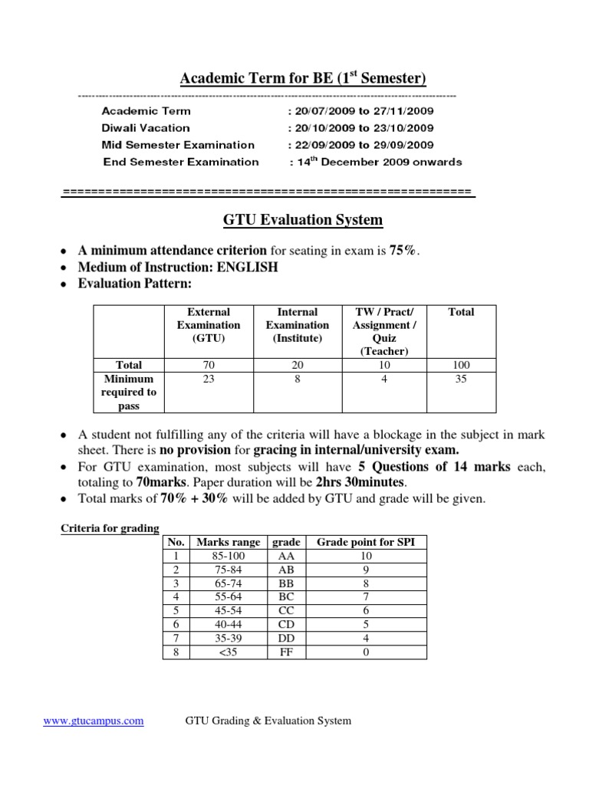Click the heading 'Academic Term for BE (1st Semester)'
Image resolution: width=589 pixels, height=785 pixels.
pyautogui.click(x=302, y=79)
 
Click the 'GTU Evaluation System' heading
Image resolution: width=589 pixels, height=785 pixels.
pyautogui.click(x=302, y=221)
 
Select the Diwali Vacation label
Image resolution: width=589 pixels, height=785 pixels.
pyautogui.click(x=146, y=128)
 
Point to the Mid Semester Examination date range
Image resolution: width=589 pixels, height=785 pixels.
pyautogui.click(x=360, y=145)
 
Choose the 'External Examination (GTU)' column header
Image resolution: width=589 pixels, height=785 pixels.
pyautogui.click(x=209, y=325)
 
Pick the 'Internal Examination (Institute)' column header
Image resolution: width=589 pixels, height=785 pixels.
pyautogui.click(x=297, y=325)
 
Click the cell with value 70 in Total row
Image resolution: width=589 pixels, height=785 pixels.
pyautogui.click(x=209, y=365)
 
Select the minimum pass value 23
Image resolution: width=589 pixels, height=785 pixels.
pyautogui.click(x=209, y=379)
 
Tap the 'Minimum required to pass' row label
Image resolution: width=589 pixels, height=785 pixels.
pyautogui.click(x=129, y=392)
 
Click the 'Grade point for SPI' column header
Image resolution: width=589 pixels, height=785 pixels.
pyautogui.click(x=366, y=542)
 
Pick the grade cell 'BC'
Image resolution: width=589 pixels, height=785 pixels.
pyautogui.click(x=285, y=597)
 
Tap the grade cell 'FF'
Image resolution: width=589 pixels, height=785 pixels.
pyautogui.click(x=285, y=652)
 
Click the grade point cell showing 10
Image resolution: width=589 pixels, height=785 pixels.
pyautogui.click(x=366, y=556)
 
